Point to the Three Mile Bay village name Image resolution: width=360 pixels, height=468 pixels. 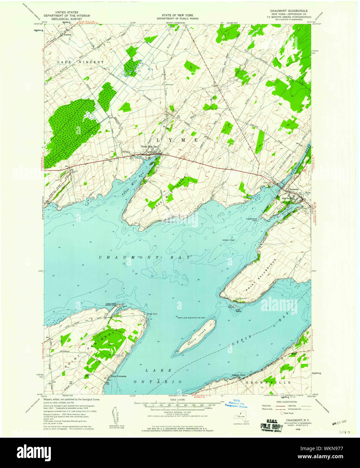tap(149, 147)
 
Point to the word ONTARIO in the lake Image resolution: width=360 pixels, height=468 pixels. tap(158, 382)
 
